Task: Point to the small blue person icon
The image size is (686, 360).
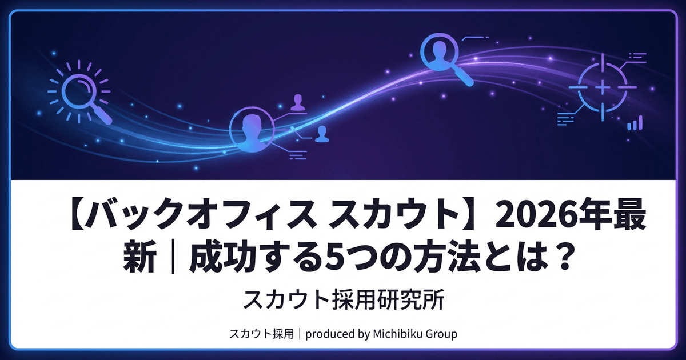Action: point(322,133)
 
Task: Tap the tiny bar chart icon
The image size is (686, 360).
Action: point(635,122)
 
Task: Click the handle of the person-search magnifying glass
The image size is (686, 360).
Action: point(464,77)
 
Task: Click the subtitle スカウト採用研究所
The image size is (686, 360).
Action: point(342,299)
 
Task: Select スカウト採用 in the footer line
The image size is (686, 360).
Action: point(260,334)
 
